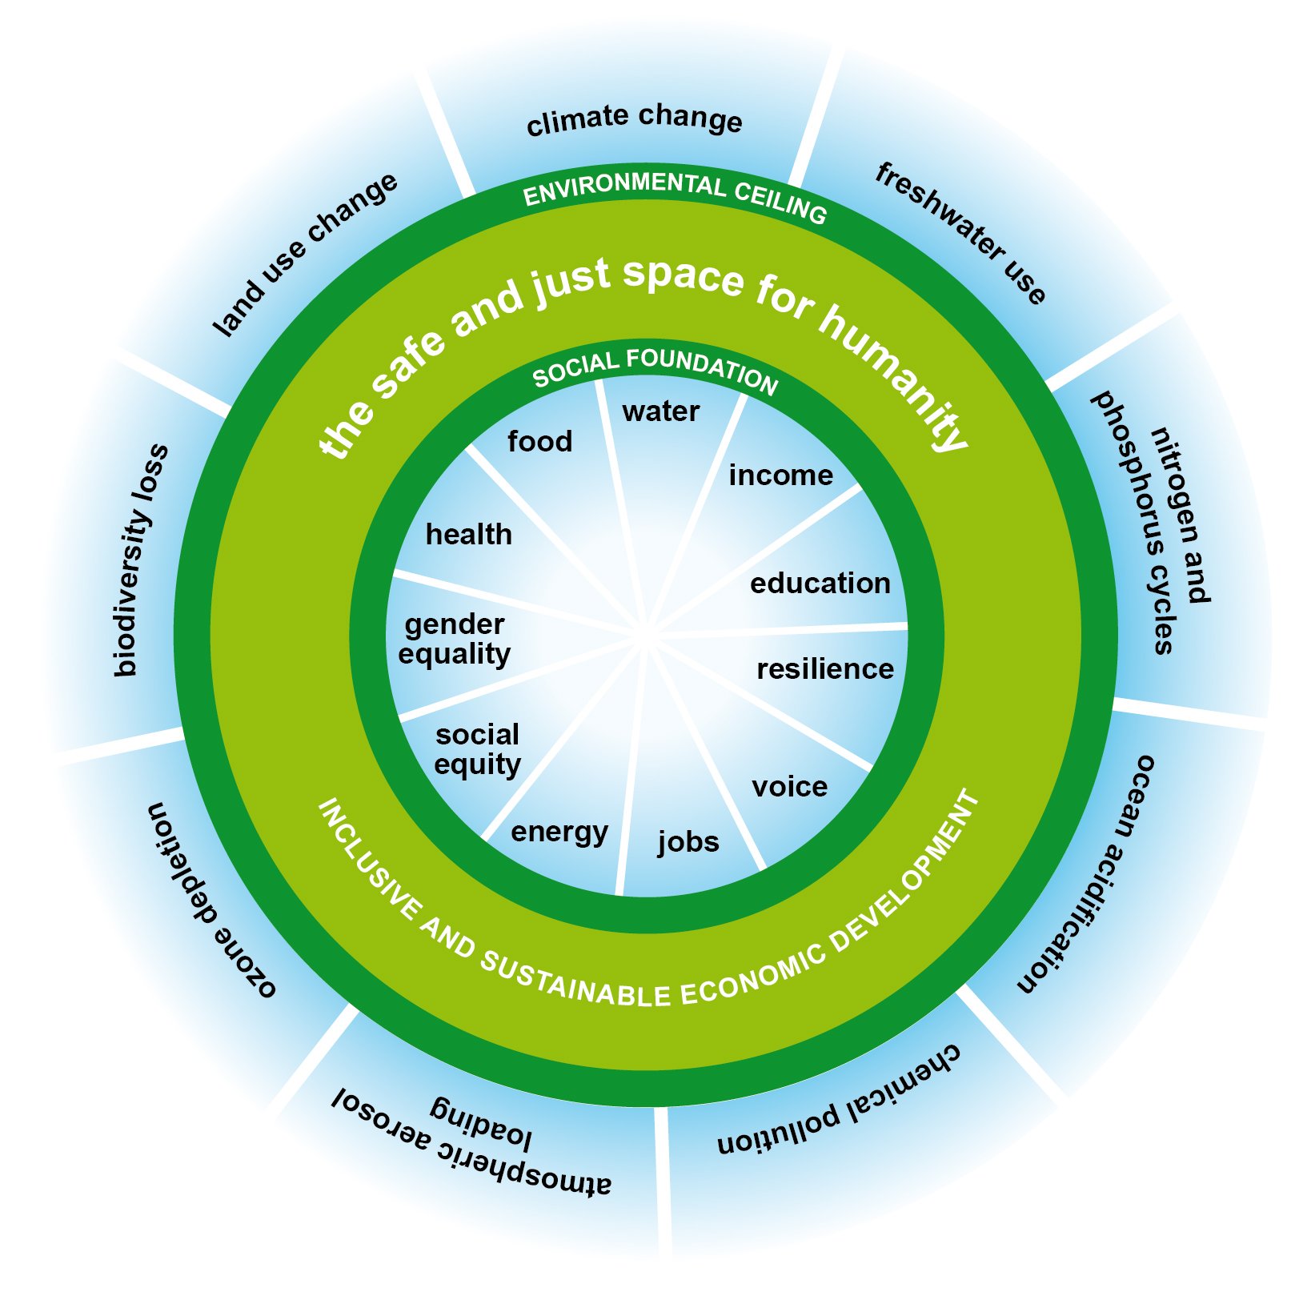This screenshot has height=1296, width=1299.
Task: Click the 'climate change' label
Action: coord(635,119)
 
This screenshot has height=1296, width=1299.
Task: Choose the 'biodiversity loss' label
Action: coord(141,560)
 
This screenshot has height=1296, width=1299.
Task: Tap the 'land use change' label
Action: coord(305,254)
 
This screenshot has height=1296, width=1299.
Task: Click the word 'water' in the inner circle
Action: coord(661,411)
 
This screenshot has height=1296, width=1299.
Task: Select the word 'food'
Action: coord(540,441)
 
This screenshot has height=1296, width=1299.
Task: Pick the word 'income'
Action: coord(781,475)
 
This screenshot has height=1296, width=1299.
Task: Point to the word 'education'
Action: coord(820,584)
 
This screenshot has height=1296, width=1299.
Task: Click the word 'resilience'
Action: coord(825,668)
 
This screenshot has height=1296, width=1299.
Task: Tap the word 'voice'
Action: coord(790,786)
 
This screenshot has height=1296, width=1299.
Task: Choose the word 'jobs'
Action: coord(688,842)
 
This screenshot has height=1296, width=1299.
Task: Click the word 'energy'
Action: coord(559,833)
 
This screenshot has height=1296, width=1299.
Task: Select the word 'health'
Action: coord(469,534)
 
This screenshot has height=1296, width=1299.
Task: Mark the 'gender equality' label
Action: coord(455,639)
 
